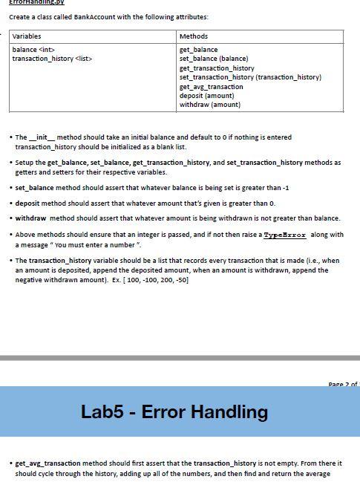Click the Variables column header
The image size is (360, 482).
coord(27,36)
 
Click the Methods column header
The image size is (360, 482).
coord(194,36)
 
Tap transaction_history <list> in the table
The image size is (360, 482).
coord(53,59)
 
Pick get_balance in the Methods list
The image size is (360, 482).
coord(199,50)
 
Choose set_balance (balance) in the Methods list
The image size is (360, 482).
coord(214,59)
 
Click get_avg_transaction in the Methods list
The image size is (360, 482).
coord(212,87)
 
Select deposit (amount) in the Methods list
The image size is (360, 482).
coord(206,96)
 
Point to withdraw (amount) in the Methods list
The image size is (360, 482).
coord(210,105)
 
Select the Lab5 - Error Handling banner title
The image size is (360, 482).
coord(174,411)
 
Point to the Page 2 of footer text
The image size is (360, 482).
coord(342,384)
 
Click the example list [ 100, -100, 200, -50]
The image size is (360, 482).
coord(159,280)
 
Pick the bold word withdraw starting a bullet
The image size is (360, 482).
coord(31,218)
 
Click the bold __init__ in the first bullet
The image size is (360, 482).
coord(43,137)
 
